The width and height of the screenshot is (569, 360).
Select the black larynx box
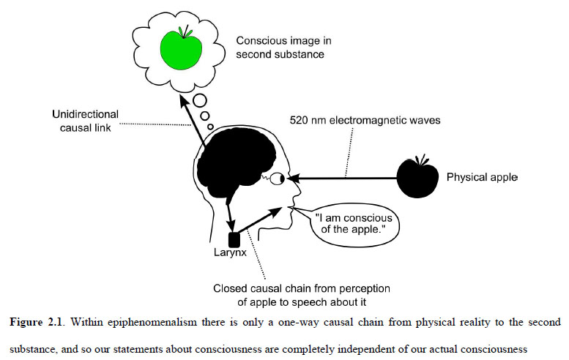[235, 239]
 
